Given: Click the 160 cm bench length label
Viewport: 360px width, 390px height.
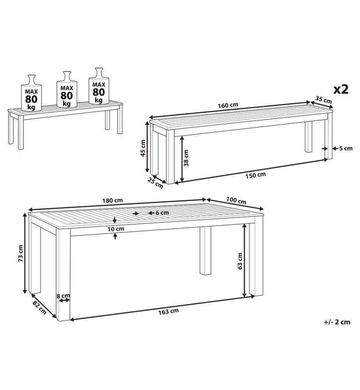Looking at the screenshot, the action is [228, 105].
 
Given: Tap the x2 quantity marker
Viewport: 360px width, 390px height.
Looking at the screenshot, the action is [341, 89].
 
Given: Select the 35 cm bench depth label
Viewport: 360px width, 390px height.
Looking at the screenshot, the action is [323, 99].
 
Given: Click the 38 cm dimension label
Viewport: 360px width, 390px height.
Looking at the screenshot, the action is [186, 158].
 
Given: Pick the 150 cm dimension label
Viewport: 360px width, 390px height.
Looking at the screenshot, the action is [256, 175].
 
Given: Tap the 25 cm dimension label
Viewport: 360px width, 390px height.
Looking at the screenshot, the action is [155, 183].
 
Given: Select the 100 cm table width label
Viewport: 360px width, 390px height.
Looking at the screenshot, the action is [236, 200].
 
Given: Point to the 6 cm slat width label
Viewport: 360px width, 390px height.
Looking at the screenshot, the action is [162, 213].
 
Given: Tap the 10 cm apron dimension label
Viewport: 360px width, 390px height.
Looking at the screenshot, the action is [116, 229].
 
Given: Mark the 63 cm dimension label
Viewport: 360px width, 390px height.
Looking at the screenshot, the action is [240, 261].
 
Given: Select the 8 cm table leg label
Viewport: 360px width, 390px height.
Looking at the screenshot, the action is [63, 296].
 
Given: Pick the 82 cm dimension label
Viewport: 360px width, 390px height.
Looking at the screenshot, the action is [39, 307].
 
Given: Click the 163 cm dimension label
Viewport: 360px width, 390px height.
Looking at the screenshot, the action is [168, 311].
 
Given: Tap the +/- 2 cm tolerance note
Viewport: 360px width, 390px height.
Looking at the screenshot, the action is [337, 322].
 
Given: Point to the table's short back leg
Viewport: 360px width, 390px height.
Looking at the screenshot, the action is [205, 250].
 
